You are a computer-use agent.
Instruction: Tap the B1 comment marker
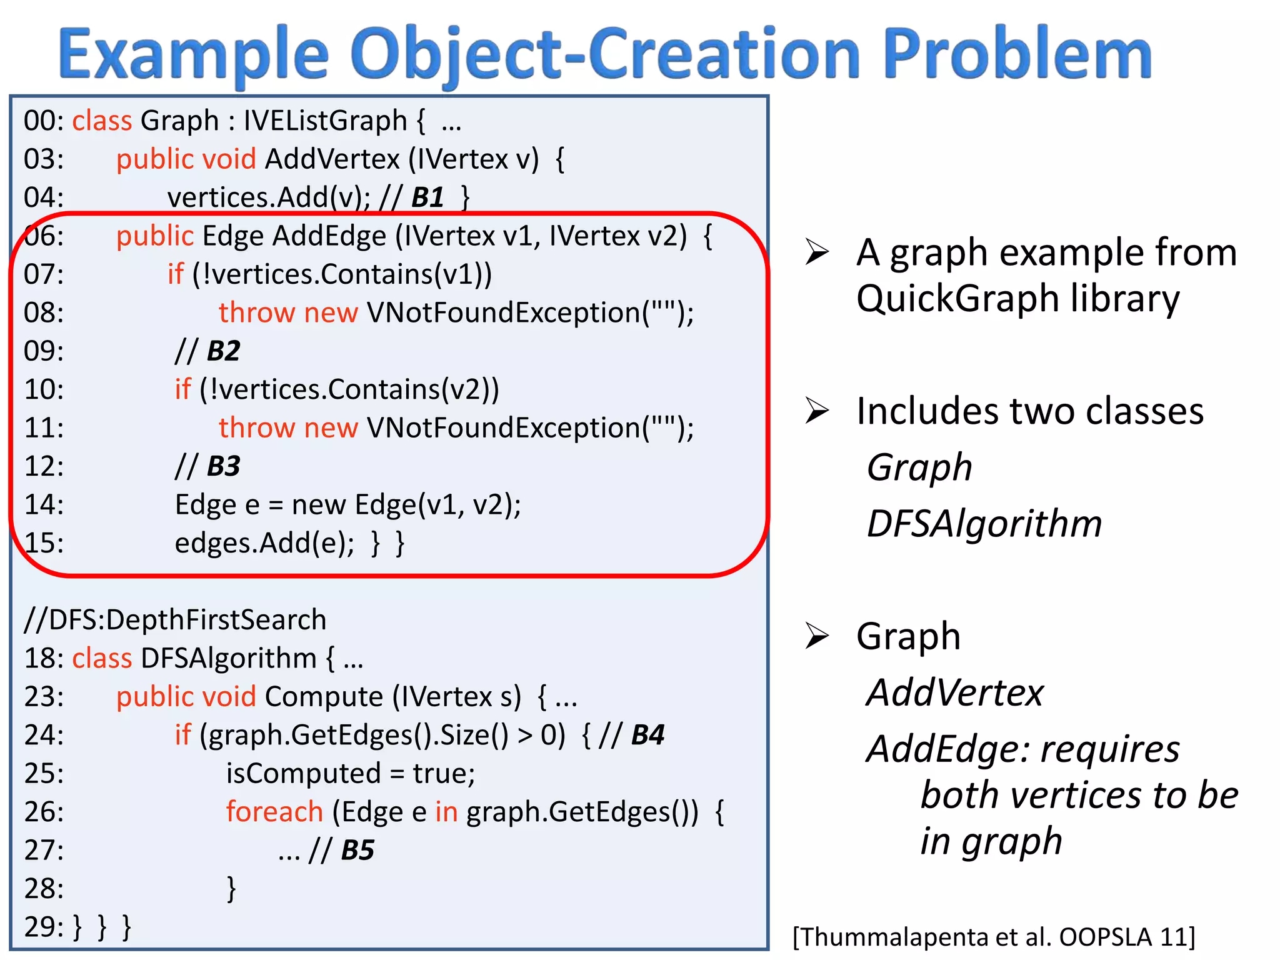coord(427,197)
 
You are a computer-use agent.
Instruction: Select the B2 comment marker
coord(223,351)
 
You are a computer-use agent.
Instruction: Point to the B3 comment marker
coord(223,466)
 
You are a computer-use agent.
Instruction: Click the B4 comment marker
coord(647,735)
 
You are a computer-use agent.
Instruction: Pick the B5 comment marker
coord(357,850)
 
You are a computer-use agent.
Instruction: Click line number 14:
coord(44,504)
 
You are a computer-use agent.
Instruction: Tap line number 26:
coord(44,812)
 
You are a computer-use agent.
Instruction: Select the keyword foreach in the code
coord(274,812)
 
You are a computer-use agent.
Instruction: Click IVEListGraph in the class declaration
coord(325,121)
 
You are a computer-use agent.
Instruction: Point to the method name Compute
coord(324,697)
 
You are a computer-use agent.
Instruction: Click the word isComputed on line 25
coord(303,774)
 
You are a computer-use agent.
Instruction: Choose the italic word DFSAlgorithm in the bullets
coord(984,524)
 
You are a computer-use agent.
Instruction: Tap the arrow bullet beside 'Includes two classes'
coord(817,411)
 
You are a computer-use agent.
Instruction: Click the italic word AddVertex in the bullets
coord(955,692)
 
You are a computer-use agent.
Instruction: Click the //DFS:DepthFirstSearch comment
coord(175,620)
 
